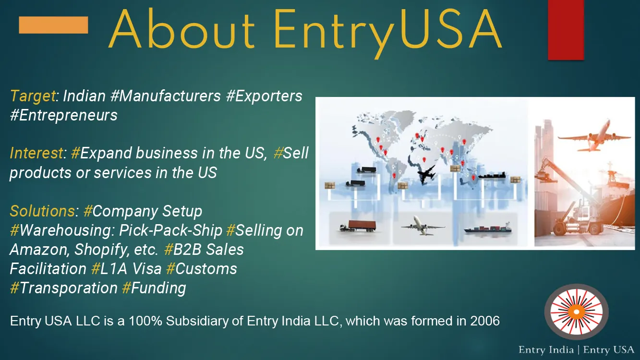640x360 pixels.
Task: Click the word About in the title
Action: pos(181,29)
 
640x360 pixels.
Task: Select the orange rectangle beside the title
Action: pos(53,25)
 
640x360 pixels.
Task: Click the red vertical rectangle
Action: pos(566,30)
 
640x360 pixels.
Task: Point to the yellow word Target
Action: pos(33,96)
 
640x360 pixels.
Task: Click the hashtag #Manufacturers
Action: pos(166,96)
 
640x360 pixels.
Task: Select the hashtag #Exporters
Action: pos(264,96)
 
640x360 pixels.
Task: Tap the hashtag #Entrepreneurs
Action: pos(64,115)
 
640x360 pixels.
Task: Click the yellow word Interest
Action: pos(36,153)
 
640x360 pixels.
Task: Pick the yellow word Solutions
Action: pos(42,211)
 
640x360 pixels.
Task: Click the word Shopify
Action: pos(101,250)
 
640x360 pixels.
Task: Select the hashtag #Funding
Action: pos(154,288)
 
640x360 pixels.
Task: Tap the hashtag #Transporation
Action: pos(64,288)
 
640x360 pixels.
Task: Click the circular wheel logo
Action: pos(576,312)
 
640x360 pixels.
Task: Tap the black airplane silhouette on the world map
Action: pos(427,174)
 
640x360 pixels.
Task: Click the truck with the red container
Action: pos(357,226)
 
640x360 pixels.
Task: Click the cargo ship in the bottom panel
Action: pos(487,228)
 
